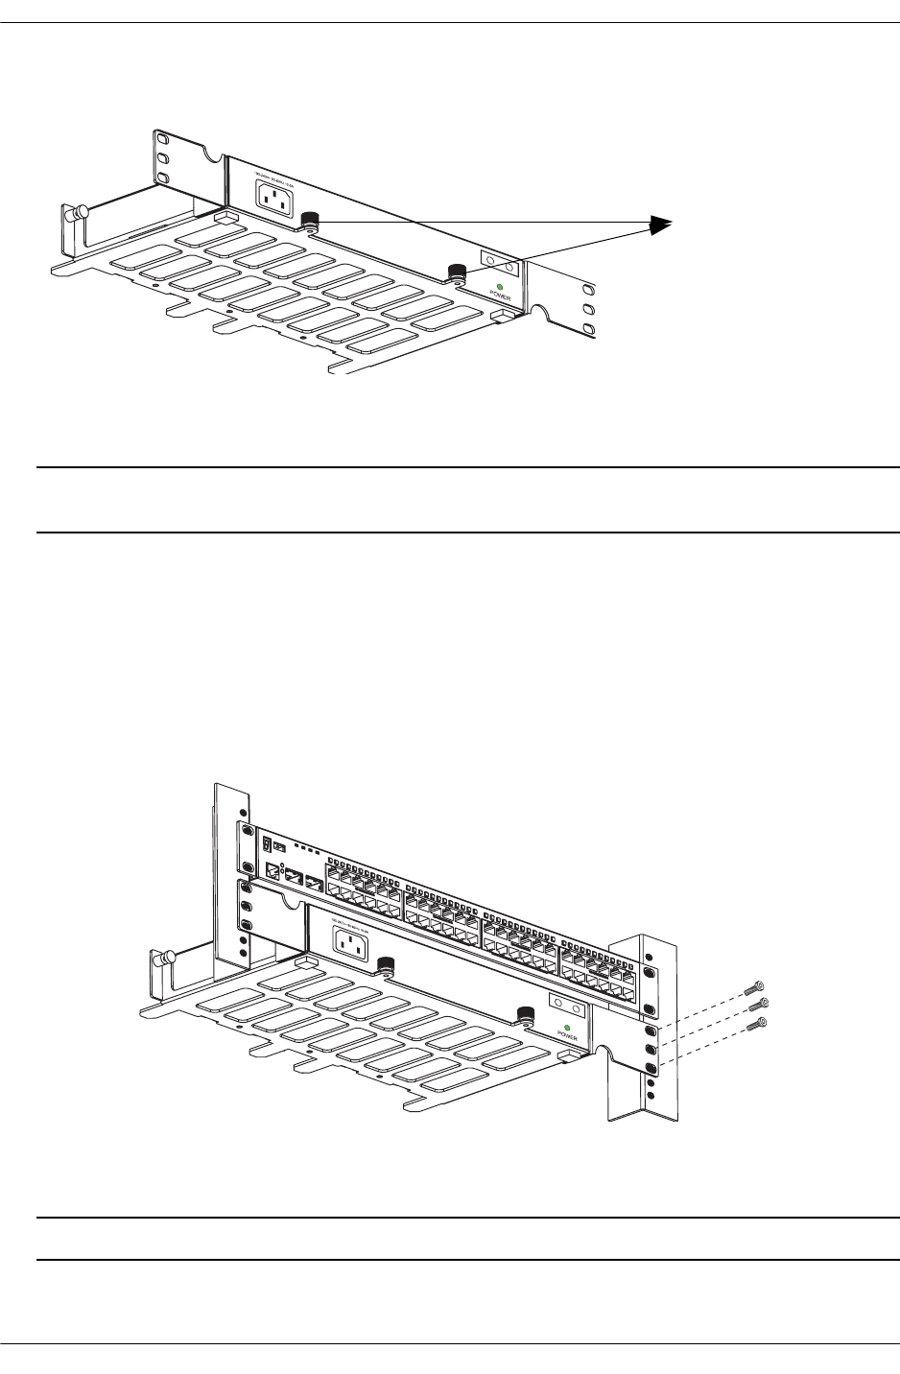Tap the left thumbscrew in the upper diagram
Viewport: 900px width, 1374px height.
tap(309, 222)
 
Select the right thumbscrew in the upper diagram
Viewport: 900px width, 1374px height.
tap(457, 272)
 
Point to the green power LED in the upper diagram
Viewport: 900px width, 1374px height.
tap(501, 288)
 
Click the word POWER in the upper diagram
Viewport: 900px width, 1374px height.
tap(502, 297)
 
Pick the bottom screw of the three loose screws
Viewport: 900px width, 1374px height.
tap(764, 1023)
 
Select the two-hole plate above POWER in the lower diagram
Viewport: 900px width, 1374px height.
tap(566, 1004)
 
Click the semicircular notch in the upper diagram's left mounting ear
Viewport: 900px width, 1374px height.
tap(210, 152)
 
